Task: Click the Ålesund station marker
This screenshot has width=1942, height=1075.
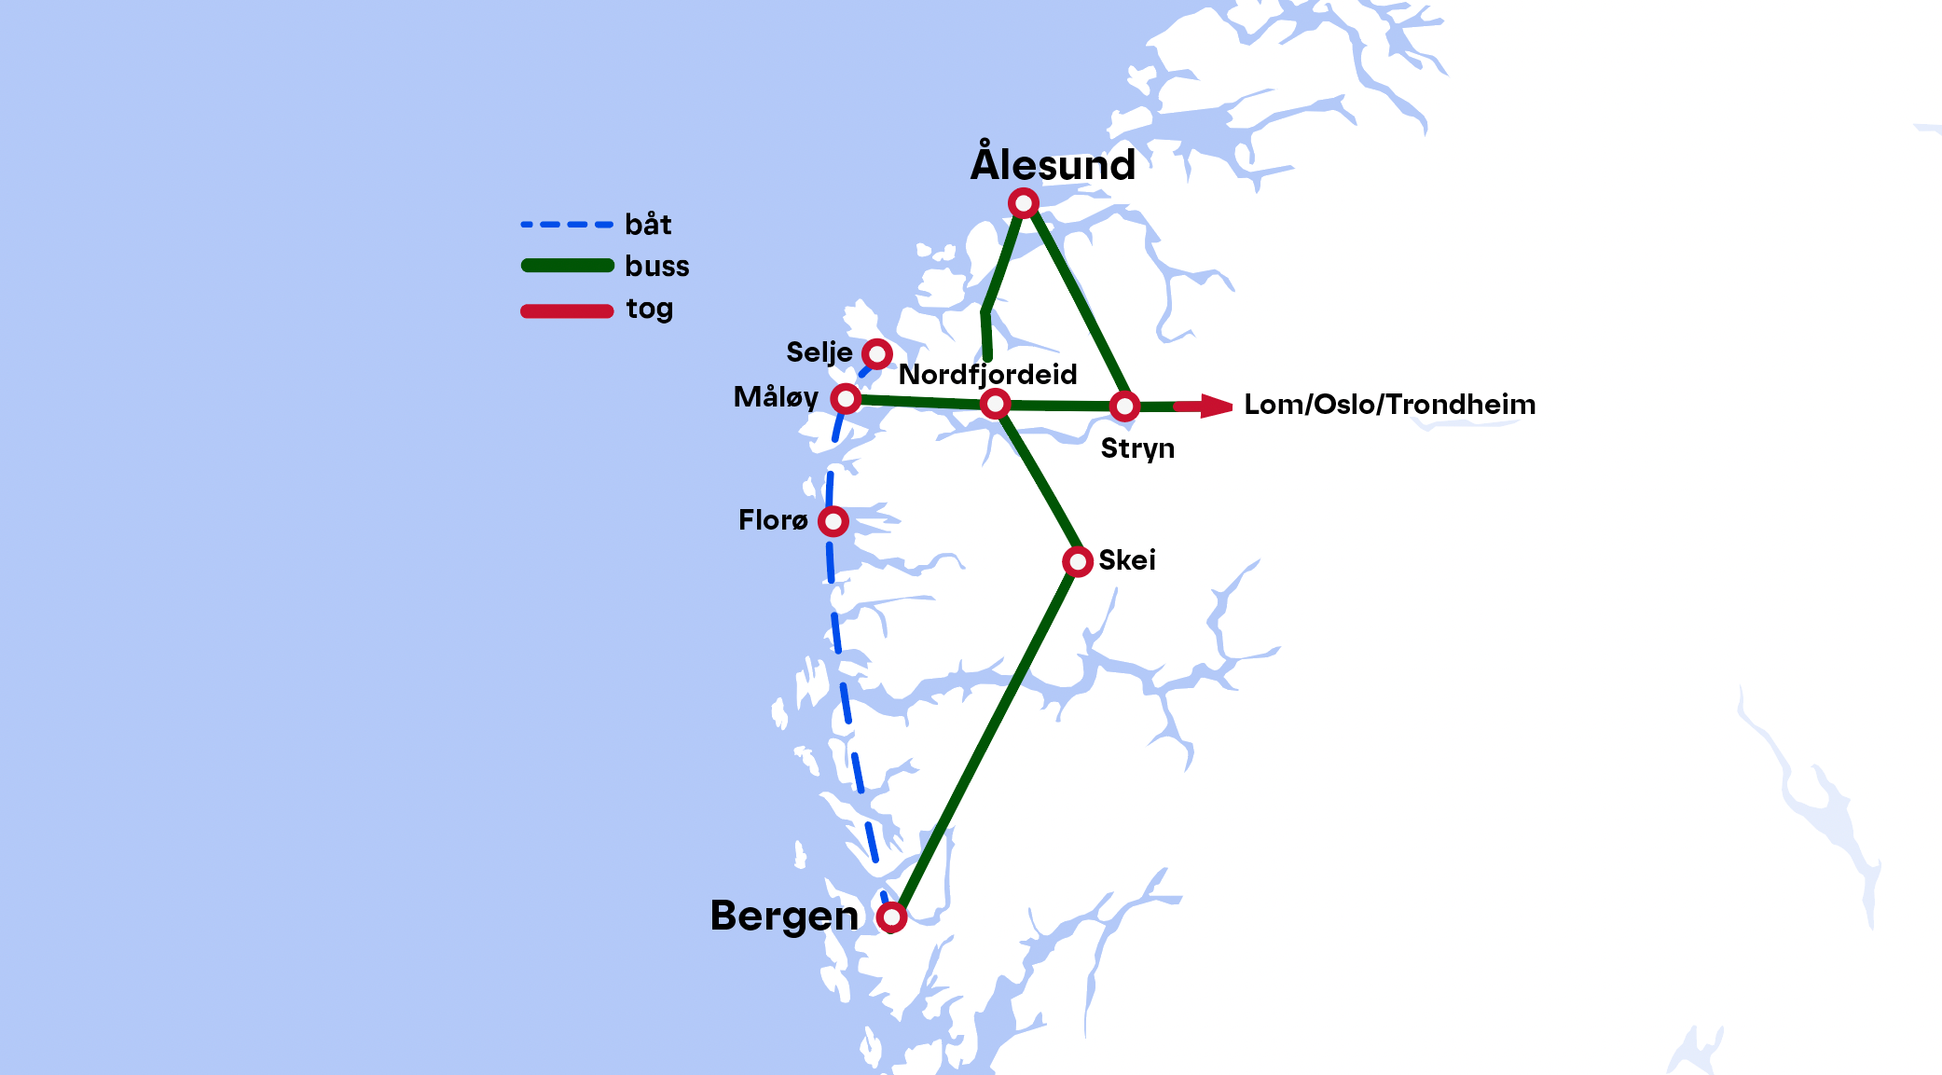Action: coord(1024,203)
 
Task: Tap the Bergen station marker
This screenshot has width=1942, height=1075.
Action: coord(892,917)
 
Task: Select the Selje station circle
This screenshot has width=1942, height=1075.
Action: coord(877,354)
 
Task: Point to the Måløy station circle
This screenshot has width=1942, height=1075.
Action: coord(846,399)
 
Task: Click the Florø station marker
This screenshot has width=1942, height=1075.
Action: coord(833,521)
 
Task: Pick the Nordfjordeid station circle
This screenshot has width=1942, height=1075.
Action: coord(996,405)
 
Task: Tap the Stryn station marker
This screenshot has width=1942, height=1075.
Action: coord(1125,407)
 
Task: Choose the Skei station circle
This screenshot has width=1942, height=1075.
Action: coord(1078,562)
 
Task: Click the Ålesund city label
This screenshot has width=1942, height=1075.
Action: coord(1053,164)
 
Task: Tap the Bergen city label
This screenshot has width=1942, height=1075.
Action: coord(784,917)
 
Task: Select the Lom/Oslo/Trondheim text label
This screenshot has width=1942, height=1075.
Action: coord(1389,405)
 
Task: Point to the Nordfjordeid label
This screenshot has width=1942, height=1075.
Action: coord(987,375)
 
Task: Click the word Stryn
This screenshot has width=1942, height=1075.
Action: coord(1137,448)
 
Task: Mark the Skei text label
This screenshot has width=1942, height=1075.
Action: coord(1127,560)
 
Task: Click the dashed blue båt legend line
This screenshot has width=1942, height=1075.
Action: coord(567,225)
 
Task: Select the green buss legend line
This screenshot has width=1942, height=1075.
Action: coord(567,266)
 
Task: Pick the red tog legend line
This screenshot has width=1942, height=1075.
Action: coord(567,310)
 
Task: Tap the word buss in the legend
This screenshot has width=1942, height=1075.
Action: coord(657,267)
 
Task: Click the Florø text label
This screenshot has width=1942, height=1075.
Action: coord(773,520)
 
